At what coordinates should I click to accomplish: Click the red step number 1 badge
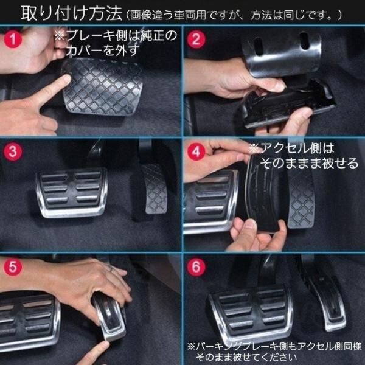(13, 39)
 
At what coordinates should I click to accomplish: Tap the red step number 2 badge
(196, 39)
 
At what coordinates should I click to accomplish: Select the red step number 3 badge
(13, 151)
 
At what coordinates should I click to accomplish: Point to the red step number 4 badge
(196, 151)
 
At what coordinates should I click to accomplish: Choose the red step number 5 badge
(13, 267)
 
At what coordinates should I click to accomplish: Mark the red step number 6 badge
(196, 267)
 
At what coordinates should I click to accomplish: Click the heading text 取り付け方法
(71, 13)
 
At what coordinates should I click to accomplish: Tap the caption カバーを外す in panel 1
(103, 50)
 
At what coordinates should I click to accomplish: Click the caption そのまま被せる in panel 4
(310, 162)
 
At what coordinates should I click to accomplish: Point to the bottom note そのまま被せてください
(246, 357)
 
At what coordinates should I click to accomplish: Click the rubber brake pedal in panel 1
(102, 87)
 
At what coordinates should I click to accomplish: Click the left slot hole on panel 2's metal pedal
(259, 46)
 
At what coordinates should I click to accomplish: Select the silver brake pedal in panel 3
(71, 193)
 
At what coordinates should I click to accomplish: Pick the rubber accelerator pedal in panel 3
(155, 189)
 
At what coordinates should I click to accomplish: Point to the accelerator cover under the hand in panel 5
(109, 316)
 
